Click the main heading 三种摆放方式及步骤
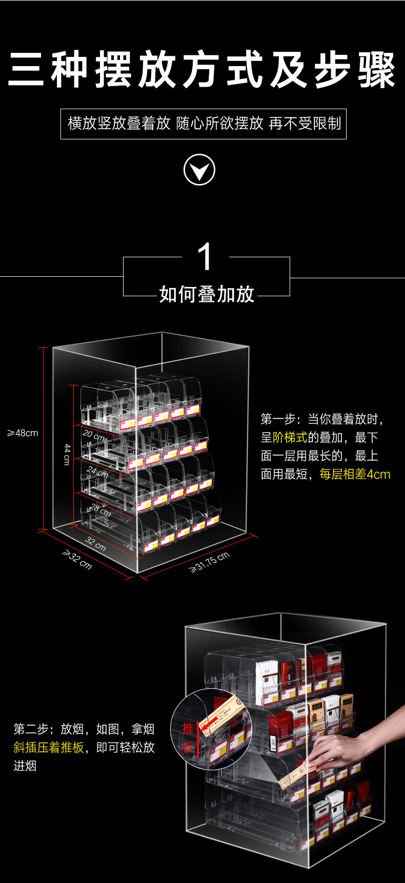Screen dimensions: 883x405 202,70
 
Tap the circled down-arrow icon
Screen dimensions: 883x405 199,170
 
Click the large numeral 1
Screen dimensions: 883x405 205,257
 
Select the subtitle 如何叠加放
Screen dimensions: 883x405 207,294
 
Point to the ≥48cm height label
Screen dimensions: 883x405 23,433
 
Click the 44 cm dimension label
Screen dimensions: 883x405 67,454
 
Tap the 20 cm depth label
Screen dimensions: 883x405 94,436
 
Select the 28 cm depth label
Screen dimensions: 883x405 100,509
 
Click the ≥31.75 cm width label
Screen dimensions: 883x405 210,562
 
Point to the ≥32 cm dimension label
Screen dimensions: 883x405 77,559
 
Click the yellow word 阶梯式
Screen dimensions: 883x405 290,437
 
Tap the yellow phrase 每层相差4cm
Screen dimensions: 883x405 355,474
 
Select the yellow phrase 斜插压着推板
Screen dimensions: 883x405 49,747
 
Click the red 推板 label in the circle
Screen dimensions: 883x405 188,737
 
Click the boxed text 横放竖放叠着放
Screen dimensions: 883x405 119,124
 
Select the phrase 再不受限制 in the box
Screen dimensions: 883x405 305,124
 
